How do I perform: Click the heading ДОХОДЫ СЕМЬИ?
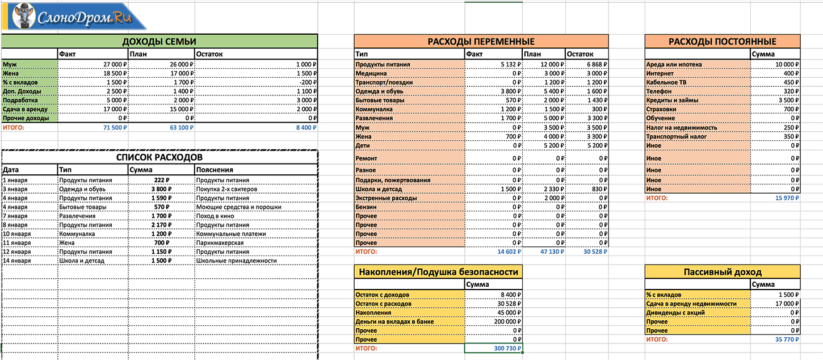click(159, 41)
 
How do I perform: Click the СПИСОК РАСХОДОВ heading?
click(159, 157)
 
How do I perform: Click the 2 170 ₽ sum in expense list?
click(161, 225)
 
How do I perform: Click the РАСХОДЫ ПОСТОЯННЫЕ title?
click(722, 41)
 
